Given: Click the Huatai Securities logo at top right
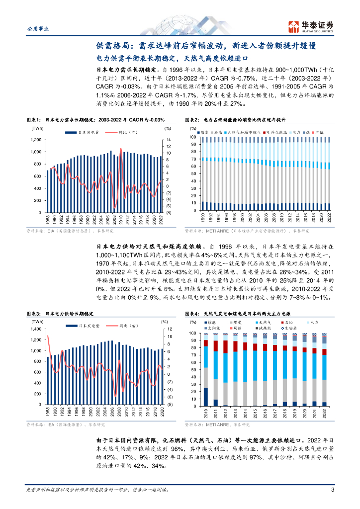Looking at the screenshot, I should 312,26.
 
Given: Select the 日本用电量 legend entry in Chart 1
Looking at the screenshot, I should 89,133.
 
